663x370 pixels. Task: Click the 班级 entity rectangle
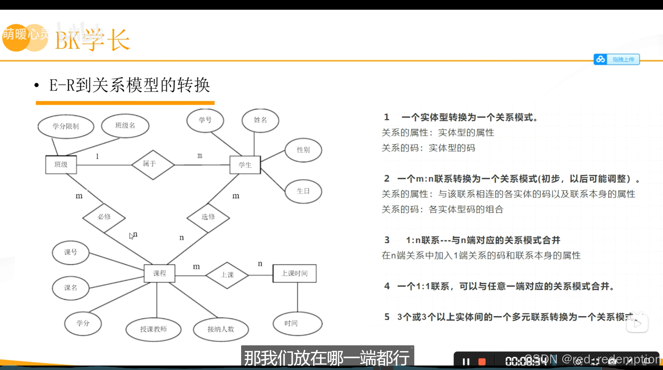coord(61,165)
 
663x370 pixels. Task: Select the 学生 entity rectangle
coord(245,165)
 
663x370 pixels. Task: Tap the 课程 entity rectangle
coord(160,273)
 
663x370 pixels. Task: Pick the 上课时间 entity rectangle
coord(294,273)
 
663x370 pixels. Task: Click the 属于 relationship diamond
coord(153,165)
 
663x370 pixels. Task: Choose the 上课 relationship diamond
coord(227,275)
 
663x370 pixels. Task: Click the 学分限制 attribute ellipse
coord(66,126)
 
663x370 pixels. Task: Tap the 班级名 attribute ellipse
coord(125,126)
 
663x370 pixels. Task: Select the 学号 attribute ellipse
coord(205,120)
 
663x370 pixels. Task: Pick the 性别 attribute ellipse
coord(303,150)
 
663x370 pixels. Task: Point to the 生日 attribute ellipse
coord(303,191)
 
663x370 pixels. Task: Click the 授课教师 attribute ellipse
coord(153,329)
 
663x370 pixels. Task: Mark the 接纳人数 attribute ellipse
coord(221,329)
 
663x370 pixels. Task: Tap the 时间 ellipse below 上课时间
coord(298,324)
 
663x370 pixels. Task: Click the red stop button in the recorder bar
coord(482,362)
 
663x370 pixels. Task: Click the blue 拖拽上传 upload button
coord(617,59)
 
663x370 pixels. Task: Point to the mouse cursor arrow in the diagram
coord(131,236)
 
